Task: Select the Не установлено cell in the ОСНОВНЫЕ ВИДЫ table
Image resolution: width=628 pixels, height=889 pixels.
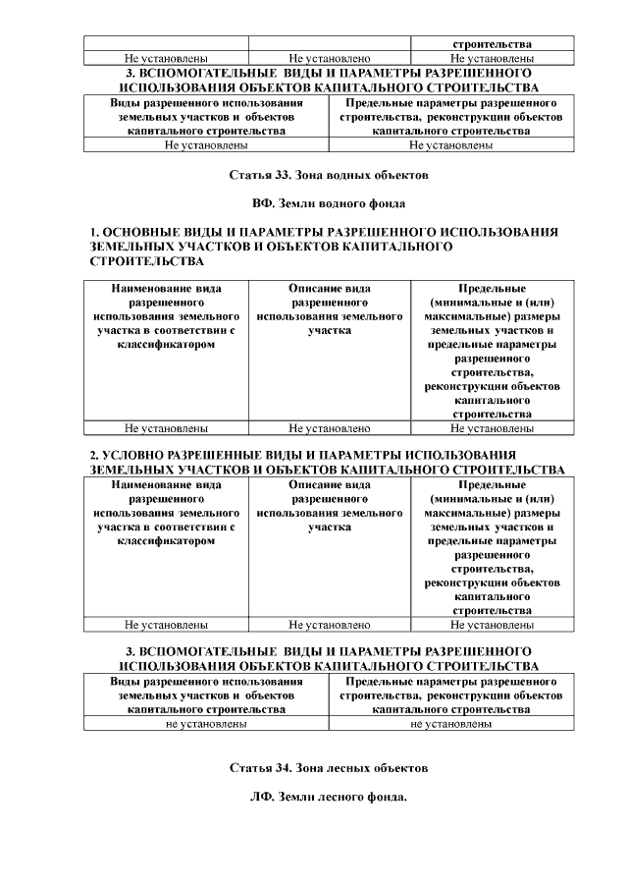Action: coord(329,428)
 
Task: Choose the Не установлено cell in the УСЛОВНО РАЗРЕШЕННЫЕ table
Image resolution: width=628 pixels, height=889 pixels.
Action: coord(329,624)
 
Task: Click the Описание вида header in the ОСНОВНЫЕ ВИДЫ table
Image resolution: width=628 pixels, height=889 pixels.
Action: coord(329,289)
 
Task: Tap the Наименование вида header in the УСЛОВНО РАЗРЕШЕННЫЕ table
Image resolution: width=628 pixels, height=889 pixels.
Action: coord(166,484)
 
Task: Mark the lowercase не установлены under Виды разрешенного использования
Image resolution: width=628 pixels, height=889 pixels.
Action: coord(206,724)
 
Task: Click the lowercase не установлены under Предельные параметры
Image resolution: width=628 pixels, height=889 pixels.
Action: coord(451,724)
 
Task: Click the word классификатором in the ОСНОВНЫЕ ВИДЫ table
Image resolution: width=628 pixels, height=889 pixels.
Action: coord(166,345)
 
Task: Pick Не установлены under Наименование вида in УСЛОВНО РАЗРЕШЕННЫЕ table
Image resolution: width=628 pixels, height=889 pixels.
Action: coord(166,624)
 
